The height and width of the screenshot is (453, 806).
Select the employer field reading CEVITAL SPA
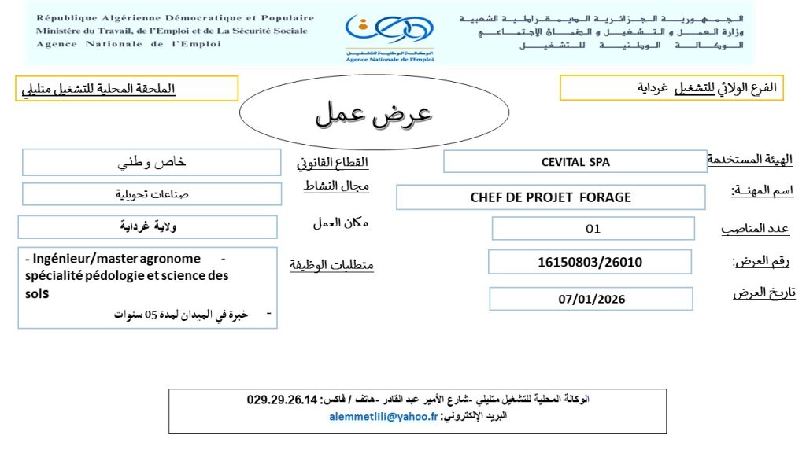point(575,162)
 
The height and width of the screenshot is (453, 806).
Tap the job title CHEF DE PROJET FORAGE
point(550,197)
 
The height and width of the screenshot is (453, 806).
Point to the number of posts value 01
point(593,229)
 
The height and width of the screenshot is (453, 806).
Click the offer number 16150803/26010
point(590,262)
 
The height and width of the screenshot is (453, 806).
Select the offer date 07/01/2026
point(590,299)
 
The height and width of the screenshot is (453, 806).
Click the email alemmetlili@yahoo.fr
point(383,417)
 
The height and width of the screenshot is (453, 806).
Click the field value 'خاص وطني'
point(152,163)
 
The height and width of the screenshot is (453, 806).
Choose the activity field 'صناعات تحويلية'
point(152,194)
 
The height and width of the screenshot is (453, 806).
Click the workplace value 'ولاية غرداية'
point(147,227)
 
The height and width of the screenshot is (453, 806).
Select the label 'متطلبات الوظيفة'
point(331,264)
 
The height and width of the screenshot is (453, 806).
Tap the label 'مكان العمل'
point(340,223)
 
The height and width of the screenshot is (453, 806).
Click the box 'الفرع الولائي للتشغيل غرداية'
point(672,88)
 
